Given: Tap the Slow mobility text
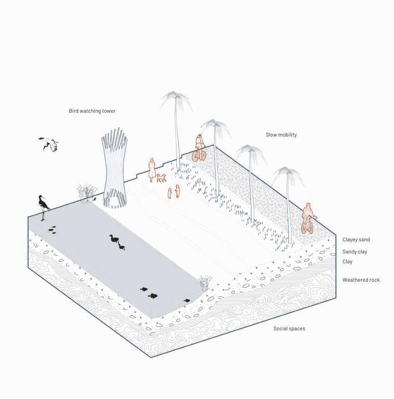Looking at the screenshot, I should (x=281, y=135).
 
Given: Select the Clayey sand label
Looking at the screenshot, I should (x=356, y=240).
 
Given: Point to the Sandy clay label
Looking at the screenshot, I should (x=354, y=251).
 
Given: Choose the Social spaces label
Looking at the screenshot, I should (x=289, y=328).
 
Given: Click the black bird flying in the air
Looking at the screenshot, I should (x=49, y=144).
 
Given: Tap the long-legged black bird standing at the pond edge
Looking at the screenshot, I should (x=44, y=207).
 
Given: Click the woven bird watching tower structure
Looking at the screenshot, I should (x=113, y=169).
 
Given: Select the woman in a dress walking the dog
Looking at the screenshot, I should (x=152, y=169).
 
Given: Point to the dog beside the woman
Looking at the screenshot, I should (x=162, y=178).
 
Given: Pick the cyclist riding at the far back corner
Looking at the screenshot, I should (x=199, y=148).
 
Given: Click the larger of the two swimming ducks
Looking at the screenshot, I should (x=113, y=239).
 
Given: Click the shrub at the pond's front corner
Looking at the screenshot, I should (x=204, y=283).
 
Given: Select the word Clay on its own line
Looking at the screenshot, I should (x=347, y=261).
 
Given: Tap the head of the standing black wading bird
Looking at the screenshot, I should (x=40, y=197).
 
